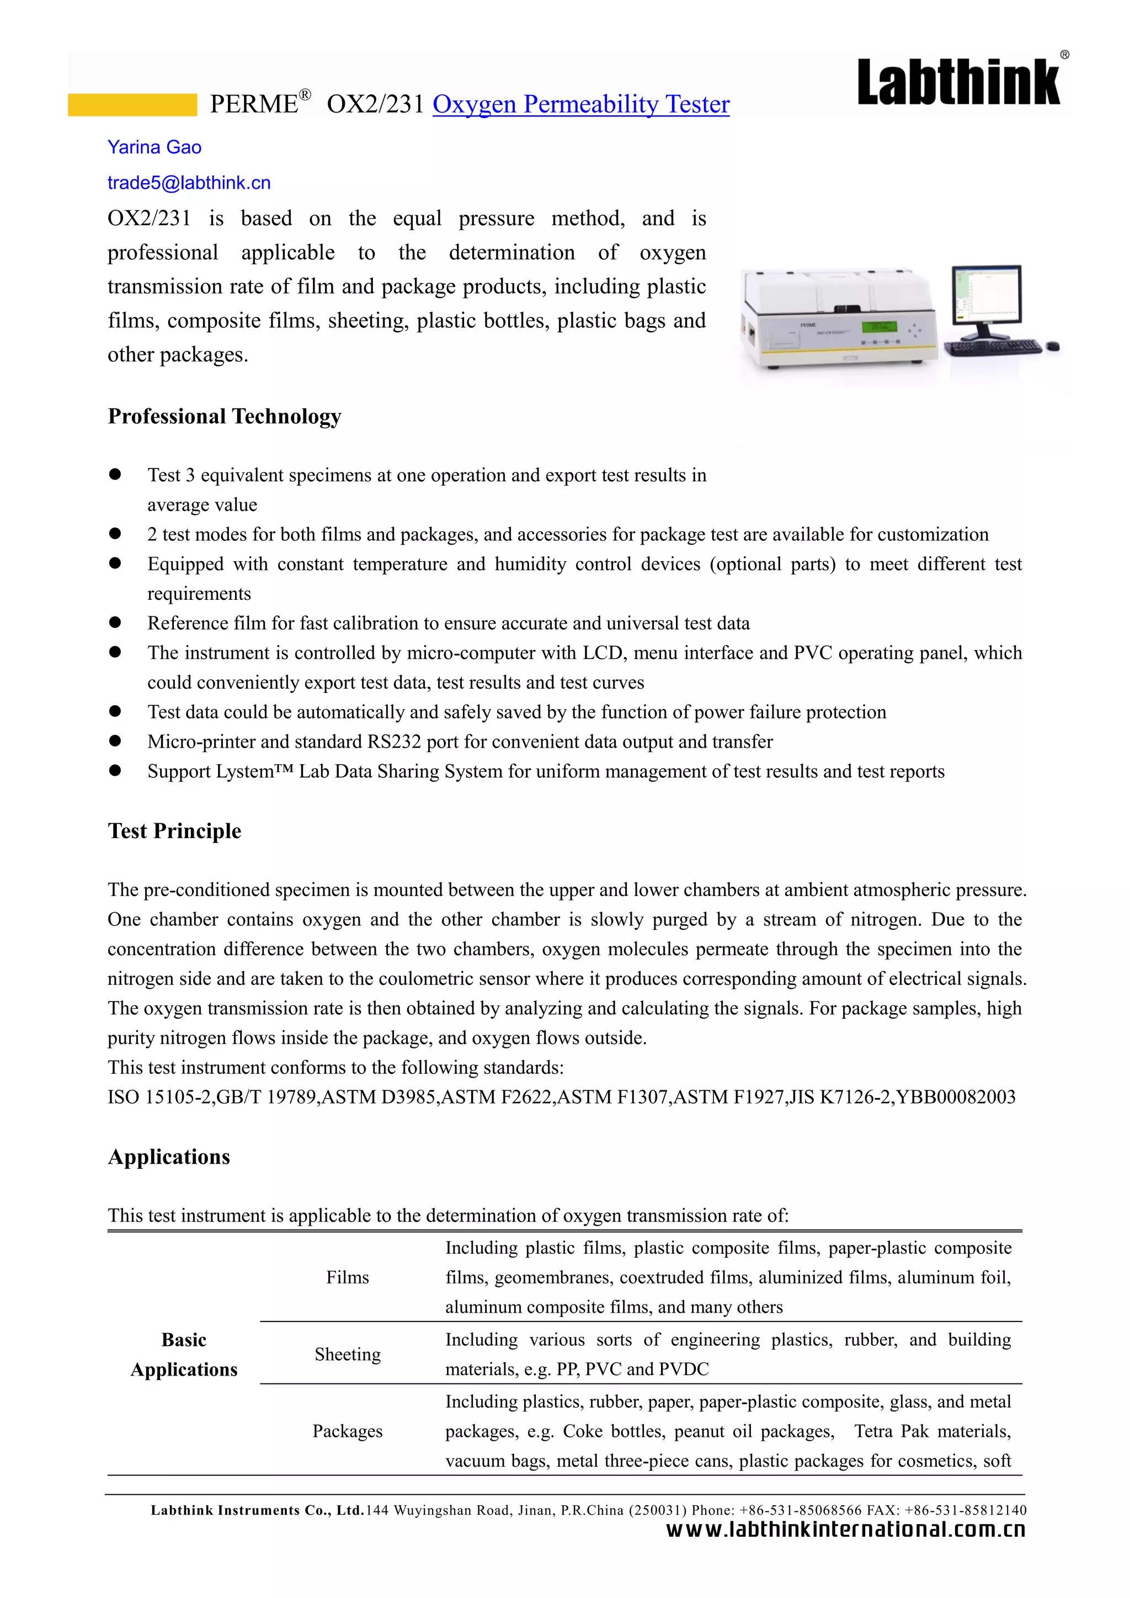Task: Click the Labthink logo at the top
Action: [959, 82]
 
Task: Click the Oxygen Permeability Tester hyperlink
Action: [580, 104]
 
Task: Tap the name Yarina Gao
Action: [154, 147]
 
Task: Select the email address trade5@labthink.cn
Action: [189, 183]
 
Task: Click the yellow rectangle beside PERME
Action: [132, 105]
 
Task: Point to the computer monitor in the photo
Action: [987, 295]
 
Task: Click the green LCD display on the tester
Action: [879, 327]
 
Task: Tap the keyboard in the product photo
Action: [994, 347]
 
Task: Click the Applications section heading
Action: [168, 1157]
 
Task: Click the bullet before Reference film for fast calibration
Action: [115, 622]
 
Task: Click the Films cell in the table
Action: [347, 1277]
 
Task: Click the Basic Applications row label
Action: [184, 1355]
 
